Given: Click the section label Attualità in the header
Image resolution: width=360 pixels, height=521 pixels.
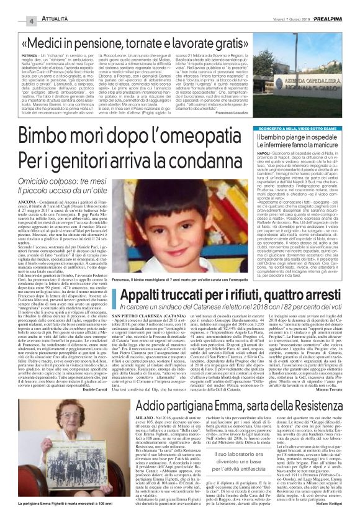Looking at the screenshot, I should [39, 20].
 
